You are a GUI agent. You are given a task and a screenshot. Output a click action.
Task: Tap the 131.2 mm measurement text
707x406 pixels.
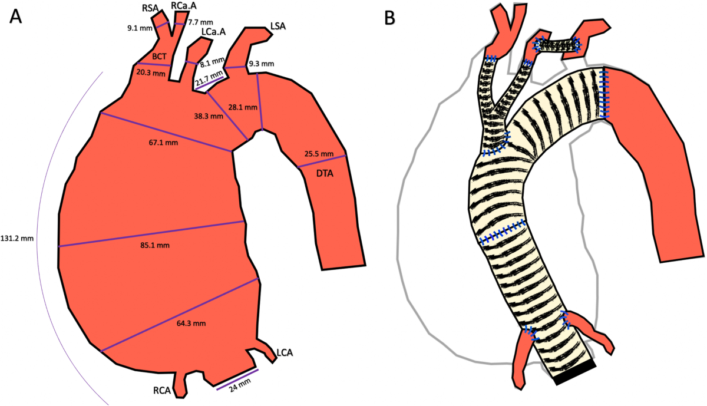[x=18, y=239]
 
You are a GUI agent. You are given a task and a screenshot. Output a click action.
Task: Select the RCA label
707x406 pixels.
[x=163, y=390]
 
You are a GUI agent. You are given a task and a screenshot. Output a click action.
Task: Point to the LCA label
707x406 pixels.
[x=285, y=353]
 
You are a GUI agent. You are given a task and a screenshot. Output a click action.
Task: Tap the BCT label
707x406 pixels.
[x=159, y=57]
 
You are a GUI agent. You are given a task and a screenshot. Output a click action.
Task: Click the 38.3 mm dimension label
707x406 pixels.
[x=209, y=117]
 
